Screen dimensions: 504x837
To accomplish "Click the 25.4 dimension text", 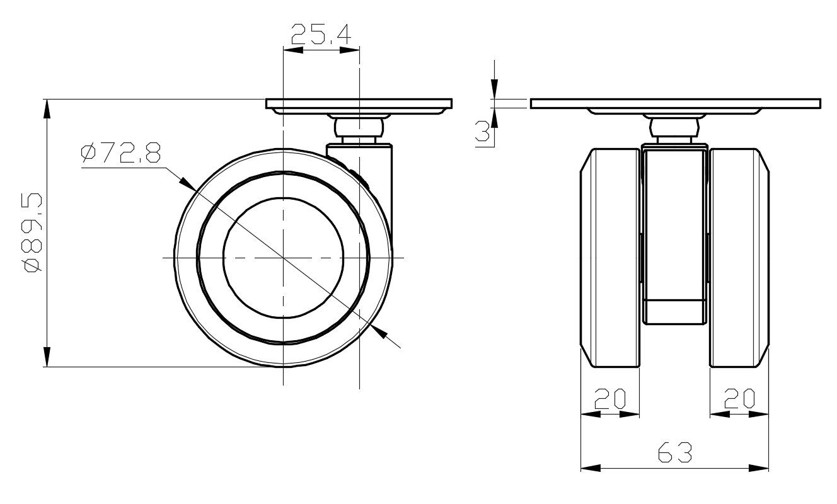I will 321,35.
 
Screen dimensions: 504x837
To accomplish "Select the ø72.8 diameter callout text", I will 121,153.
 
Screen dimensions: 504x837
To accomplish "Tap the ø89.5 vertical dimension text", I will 32,232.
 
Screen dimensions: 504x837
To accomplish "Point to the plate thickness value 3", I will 482,132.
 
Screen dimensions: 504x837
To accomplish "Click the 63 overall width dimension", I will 674,452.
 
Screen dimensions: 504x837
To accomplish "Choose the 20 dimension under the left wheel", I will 609,399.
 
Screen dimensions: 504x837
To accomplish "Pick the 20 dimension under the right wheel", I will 739,399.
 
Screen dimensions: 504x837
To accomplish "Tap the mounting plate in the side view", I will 359,103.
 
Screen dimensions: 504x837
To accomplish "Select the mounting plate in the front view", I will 675,103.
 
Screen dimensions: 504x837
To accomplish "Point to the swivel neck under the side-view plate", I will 359,129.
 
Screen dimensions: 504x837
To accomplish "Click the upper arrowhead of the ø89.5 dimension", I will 46,108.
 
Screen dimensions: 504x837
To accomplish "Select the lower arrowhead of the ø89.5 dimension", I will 46,357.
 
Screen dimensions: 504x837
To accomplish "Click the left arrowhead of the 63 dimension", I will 589,468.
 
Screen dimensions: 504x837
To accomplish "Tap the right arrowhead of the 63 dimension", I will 759,468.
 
